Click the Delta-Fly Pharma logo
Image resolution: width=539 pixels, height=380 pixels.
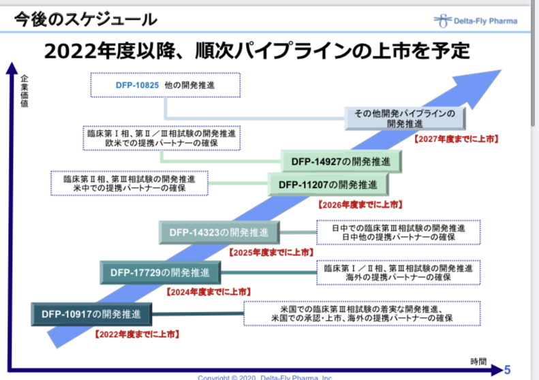pyautogui.click(x=475, y=20)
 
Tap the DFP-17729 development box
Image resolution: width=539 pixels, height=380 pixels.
pyautogui.click(x=160, y=273)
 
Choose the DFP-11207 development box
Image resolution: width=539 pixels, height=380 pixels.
pyautogui.click(x=328, y=184)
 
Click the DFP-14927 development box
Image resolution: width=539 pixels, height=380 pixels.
pyautogui.click(x=341, y=161)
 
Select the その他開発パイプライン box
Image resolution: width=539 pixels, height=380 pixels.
pyautogui.click(x=405, y=118)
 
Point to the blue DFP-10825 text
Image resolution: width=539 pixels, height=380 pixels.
pyautogui.click(x=137, y=85)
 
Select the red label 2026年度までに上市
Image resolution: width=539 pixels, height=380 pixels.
pyautogui.click(x=360, y=204)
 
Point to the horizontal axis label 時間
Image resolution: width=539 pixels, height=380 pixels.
pyautogui.click(x=478, y=360)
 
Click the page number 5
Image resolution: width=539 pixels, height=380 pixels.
pyautogui.click(x=507, y=370)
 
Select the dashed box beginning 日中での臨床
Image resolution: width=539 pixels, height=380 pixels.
pyautogui.click(x=398, y=232)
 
